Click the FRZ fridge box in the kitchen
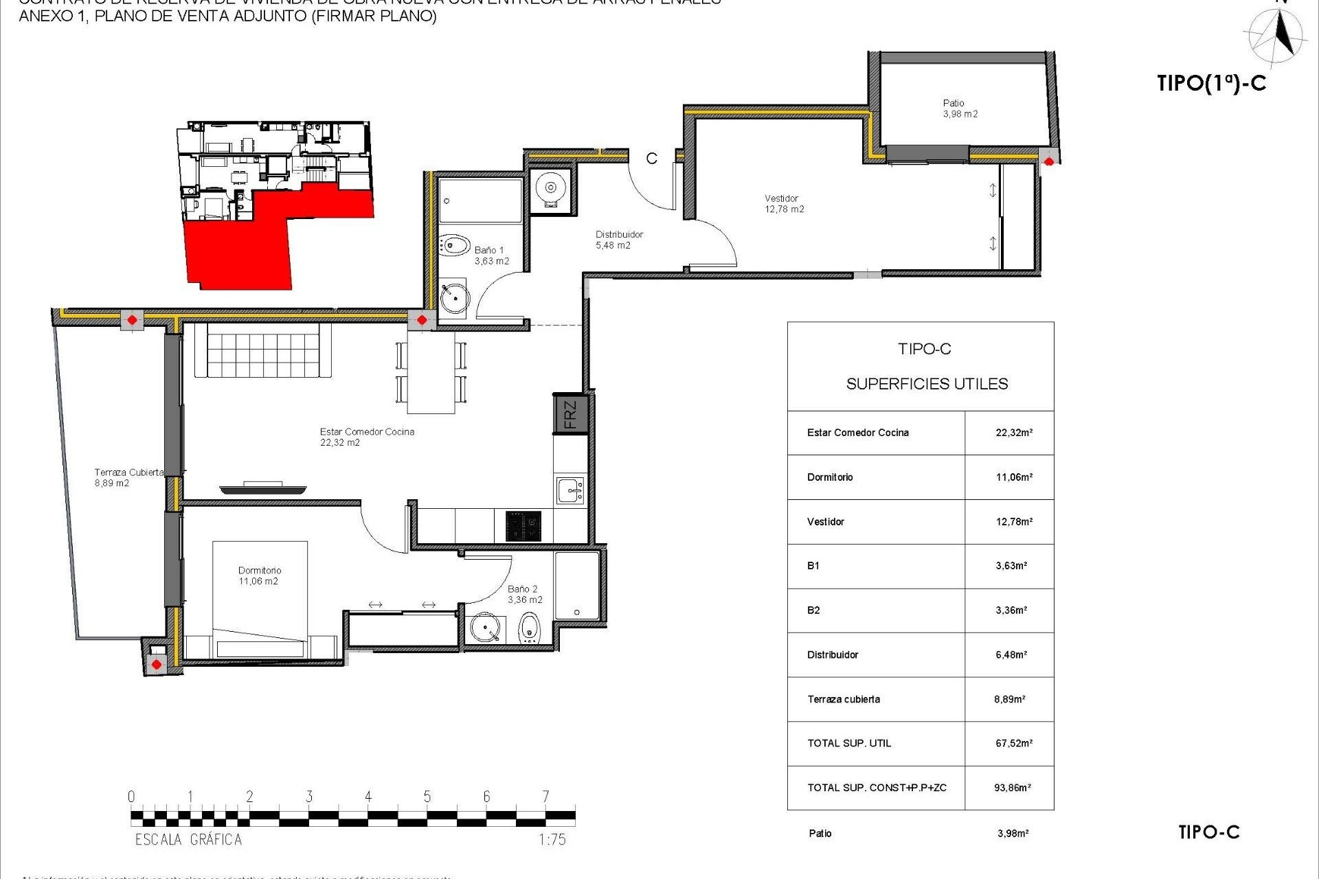pyautogui.click(x=570, y=414)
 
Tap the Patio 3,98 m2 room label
pyautogui.click(x=960, y=109)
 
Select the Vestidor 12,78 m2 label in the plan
pyautogui.click(x=784, y=204)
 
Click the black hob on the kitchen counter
pyautogui.click(x=523, y=526)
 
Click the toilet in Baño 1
pyautogui.click(x=453, y=245)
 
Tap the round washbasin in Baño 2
pyautogui.click(x=486, y=627)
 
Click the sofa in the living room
pyautogui.click(x=262, y=350)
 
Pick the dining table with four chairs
pyautogui.click(x=431, y=372)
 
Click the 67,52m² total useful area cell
pyautogui.click(x=1013, y=743)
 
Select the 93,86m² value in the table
pyautogui.click(x=1012, y=788)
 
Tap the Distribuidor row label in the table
pyautogui.click(x=833, y=655)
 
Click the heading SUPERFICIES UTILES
pyautogui.click(x=927, y=384)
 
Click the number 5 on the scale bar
pyautogui.click(x=427, y=797)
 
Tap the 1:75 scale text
pyautogui.click(x=552, y=839)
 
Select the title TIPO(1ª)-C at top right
pyautogui.click(x=1211, y=83)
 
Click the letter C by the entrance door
pyautogui.click(x=651, y=159)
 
